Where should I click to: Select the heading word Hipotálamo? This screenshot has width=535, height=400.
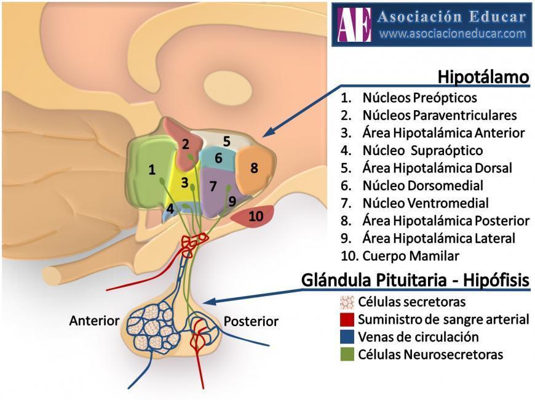tap(483, 78)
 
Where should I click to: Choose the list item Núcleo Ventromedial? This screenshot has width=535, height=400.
tap(426, 203)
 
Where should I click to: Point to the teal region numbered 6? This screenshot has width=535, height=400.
tap(218, 159)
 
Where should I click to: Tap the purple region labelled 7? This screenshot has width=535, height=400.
tap(213, 187)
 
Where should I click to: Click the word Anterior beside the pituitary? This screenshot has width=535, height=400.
tap(93, 321)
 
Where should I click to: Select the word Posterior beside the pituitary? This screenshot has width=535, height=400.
tap(251, 321)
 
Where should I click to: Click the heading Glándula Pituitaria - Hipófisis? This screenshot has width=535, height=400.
tap(415, 281)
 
